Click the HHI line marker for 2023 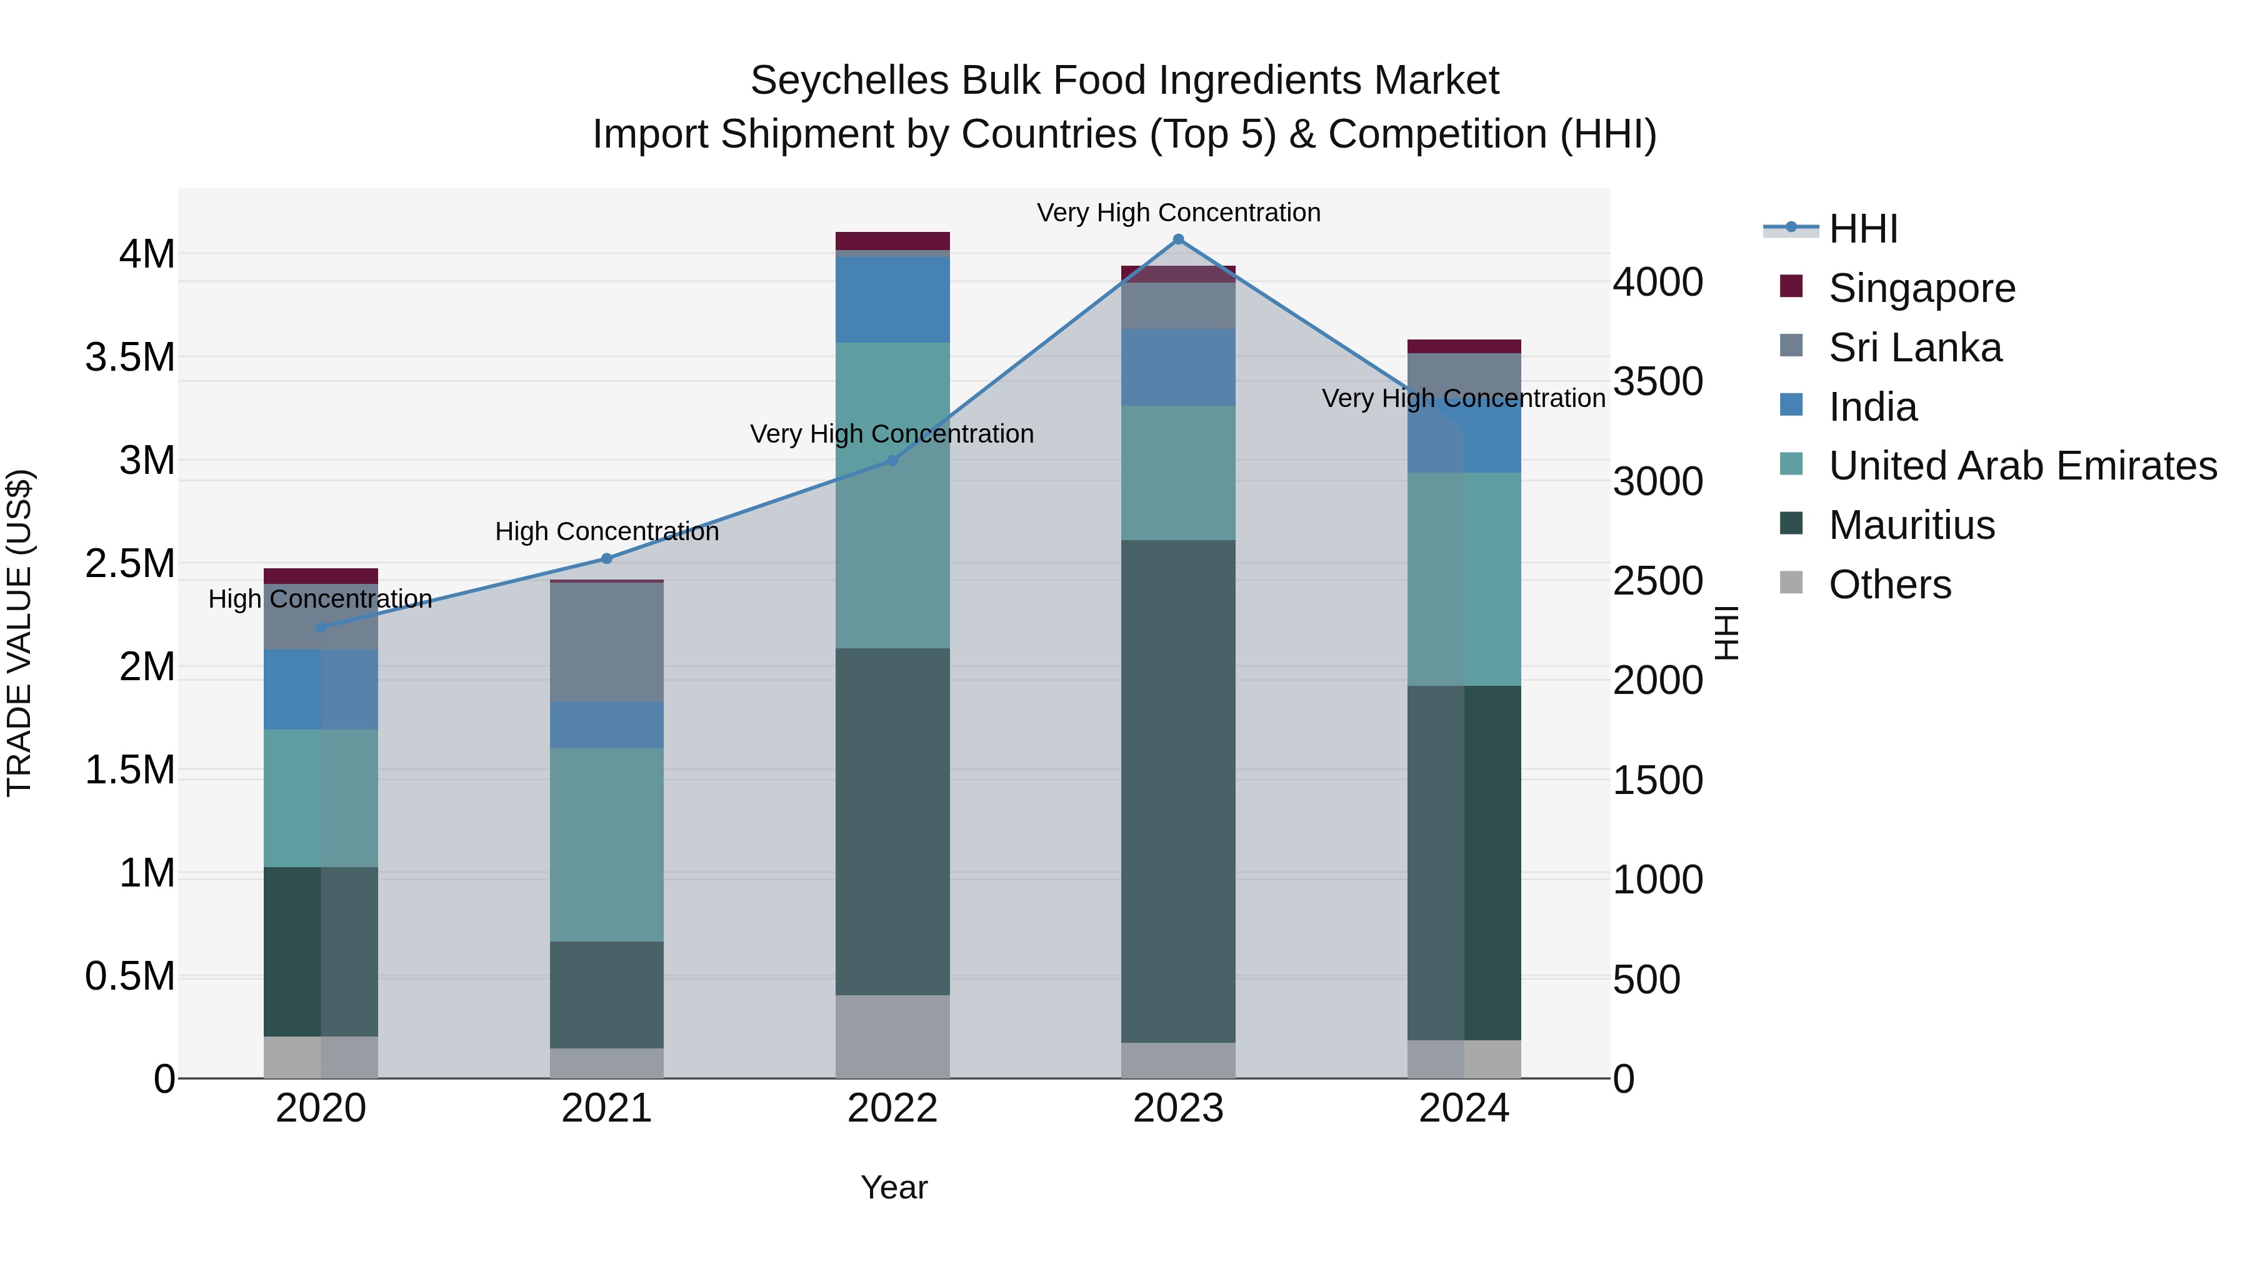(x=1177, y=239)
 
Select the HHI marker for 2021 (x=606, y=558)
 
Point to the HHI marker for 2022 (x=892, y=460)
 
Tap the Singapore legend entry (x=1922, y=288)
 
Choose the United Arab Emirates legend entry (x=2022, y=466)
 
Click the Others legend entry (x=1889, y=585)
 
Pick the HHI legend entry (x=1862, y=229)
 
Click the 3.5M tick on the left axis (x=129, y=358)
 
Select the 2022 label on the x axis (x=892, y=1108)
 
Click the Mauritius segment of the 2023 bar (x=1177, y=791)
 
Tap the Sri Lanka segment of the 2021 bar (x=606, y=641)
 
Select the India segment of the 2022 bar (x=892, y=299)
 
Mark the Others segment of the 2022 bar (x=892, y=1036)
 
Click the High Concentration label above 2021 (x=606, y=531)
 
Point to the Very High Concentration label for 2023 (x=1177, y=213)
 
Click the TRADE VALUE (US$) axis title (x=19, y=633)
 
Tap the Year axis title (x=894, y=1187)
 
